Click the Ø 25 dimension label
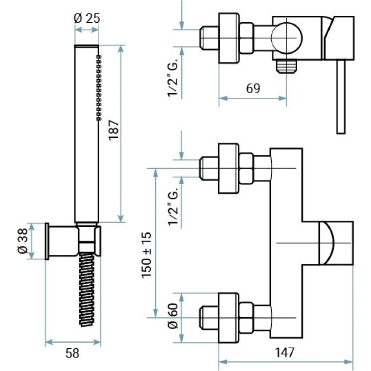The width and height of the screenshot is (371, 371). point(87,19)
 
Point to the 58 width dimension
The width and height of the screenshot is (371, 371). point(72,353)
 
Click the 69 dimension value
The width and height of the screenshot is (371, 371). point(253,88)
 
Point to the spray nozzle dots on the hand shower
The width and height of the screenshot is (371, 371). point(99,88)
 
